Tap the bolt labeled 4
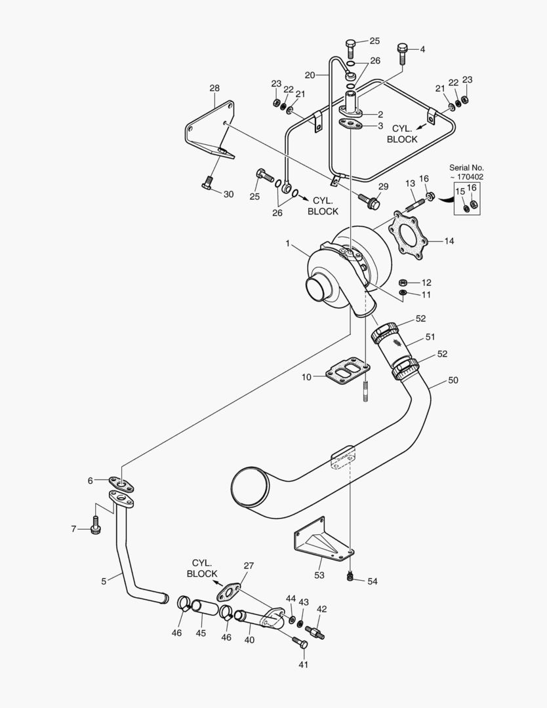tap(403, 52)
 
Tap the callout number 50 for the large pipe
tap(453, 380)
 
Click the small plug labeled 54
tap(351, 576)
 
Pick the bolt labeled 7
tap(96, 525)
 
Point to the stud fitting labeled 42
tap(315, 633)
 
